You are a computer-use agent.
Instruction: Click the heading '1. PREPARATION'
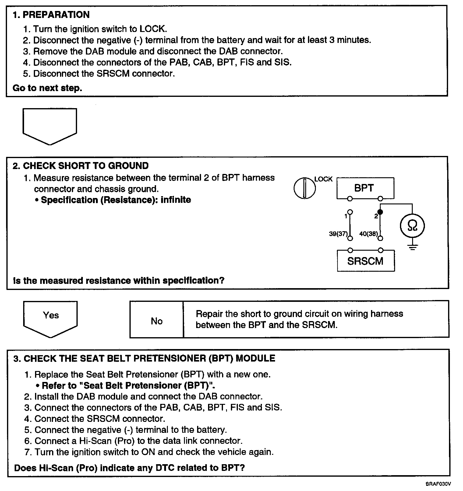[x=51, y=15]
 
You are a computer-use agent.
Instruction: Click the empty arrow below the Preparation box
[x=50, y=125]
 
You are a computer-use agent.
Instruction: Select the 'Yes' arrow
[x=51, y=317]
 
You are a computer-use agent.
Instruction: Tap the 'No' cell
[x=157, y=321]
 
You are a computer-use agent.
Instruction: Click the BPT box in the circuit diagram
[x=365, y=188]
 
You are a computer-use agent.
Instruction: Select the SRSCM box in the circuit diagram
[x=366, y=261]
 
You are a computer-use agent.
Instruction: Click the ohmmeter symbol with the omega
[x=412, y=226]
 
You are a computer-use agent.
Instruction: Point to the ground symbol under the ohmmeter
[x=412, y=247]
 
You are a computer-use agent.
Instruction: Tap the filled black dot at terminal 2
[x=380, y=212]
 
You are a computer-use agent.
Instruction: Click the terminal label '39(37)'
[x=338, y=234]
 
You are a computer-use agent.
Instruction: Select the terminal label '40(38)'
[x=368, y=234]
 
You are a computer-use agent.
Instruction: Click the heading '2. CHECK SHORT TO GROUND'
[x=81, y=166]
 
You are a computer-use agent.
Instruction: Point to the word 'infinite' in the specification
[x=176, y=200]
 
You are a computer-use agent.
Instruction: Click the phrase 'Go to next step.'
[x=47, y=88]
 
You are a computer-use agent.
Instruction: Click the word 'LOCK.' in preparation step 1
[x=153, y=29]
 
